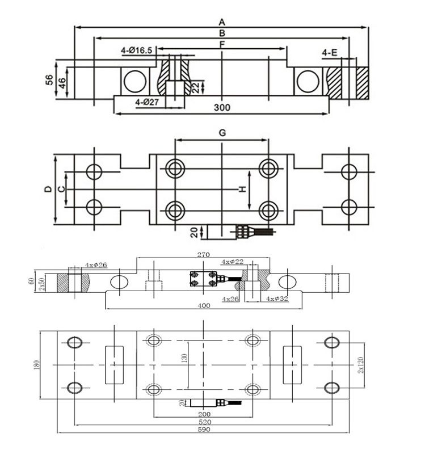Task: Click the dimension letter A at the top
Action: point(222,22)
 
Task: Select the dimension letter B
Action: point(222,33)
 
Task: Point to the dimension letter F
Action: point(222,45)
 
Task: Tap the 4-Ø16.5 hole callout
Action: point(136,51)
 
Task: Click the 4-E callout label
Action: point(330,53)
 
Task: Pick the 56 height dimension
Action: point(49,79)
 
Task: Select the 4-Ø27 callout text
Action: point(147,102)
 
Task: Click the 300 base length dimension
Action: point(222,107)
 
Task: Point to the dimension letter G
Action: point(222,133)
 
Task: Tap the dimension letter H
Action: point(242,189)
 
